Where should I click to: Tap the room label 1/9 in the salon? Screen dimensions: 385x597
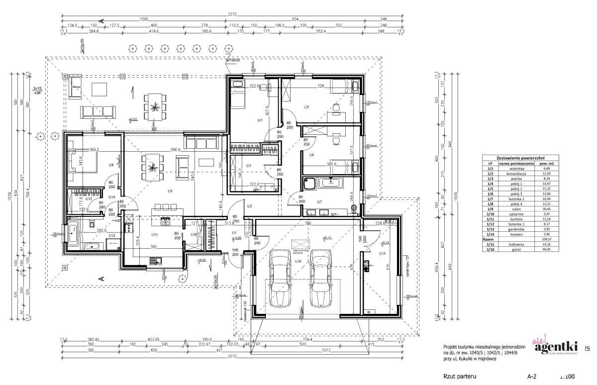(170, 191)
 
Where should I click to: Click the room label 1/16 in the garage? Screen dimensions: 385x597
(298, 261)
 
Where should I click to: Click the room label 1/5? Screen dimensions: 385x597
(306, 107)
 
